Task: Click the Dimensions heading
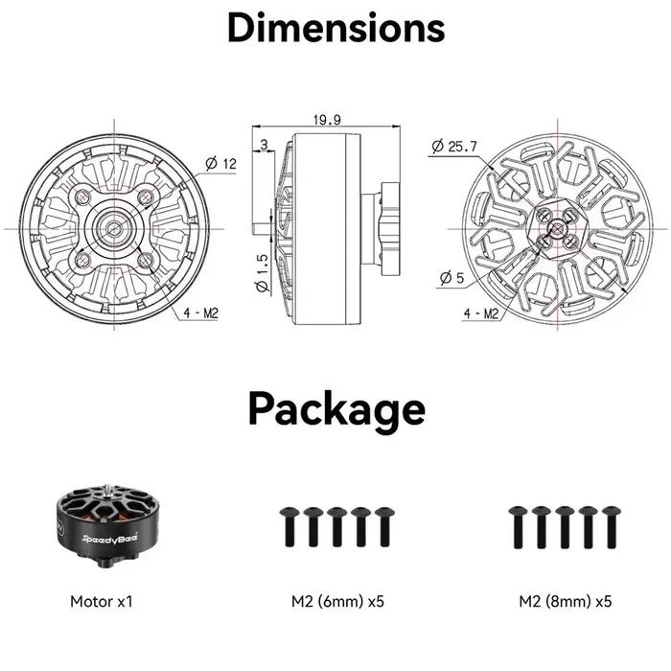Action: [335, 28]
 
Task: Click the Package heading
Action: [336, 409]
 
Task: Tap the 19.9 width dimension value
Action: [328, 120]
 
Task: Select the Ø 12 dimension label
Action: [220, 164]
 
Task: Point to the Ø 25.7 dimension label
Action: [454, 147]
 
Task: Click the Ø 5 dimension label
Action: [451, 278]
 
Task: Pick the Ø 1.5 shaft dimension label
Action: [262, 273]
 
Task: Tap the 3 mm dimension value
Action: [264, 145]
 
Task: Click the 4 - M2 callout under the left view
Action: [200, 312]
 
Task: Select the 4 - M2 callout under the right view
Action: [481, 313]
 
